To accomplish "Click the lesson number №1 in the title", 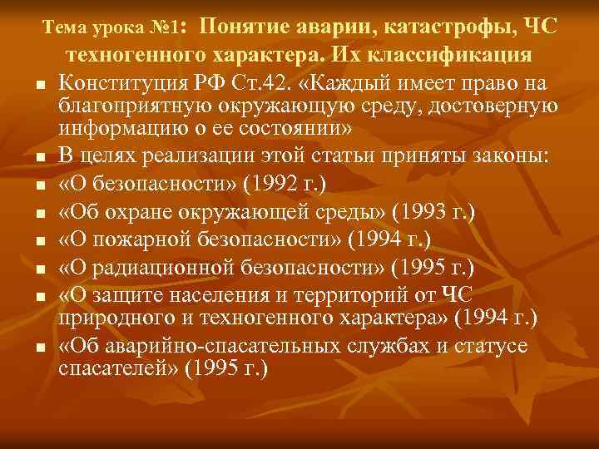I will [168, 28].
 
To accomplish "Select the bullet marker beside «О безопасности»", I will [40, 185].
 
